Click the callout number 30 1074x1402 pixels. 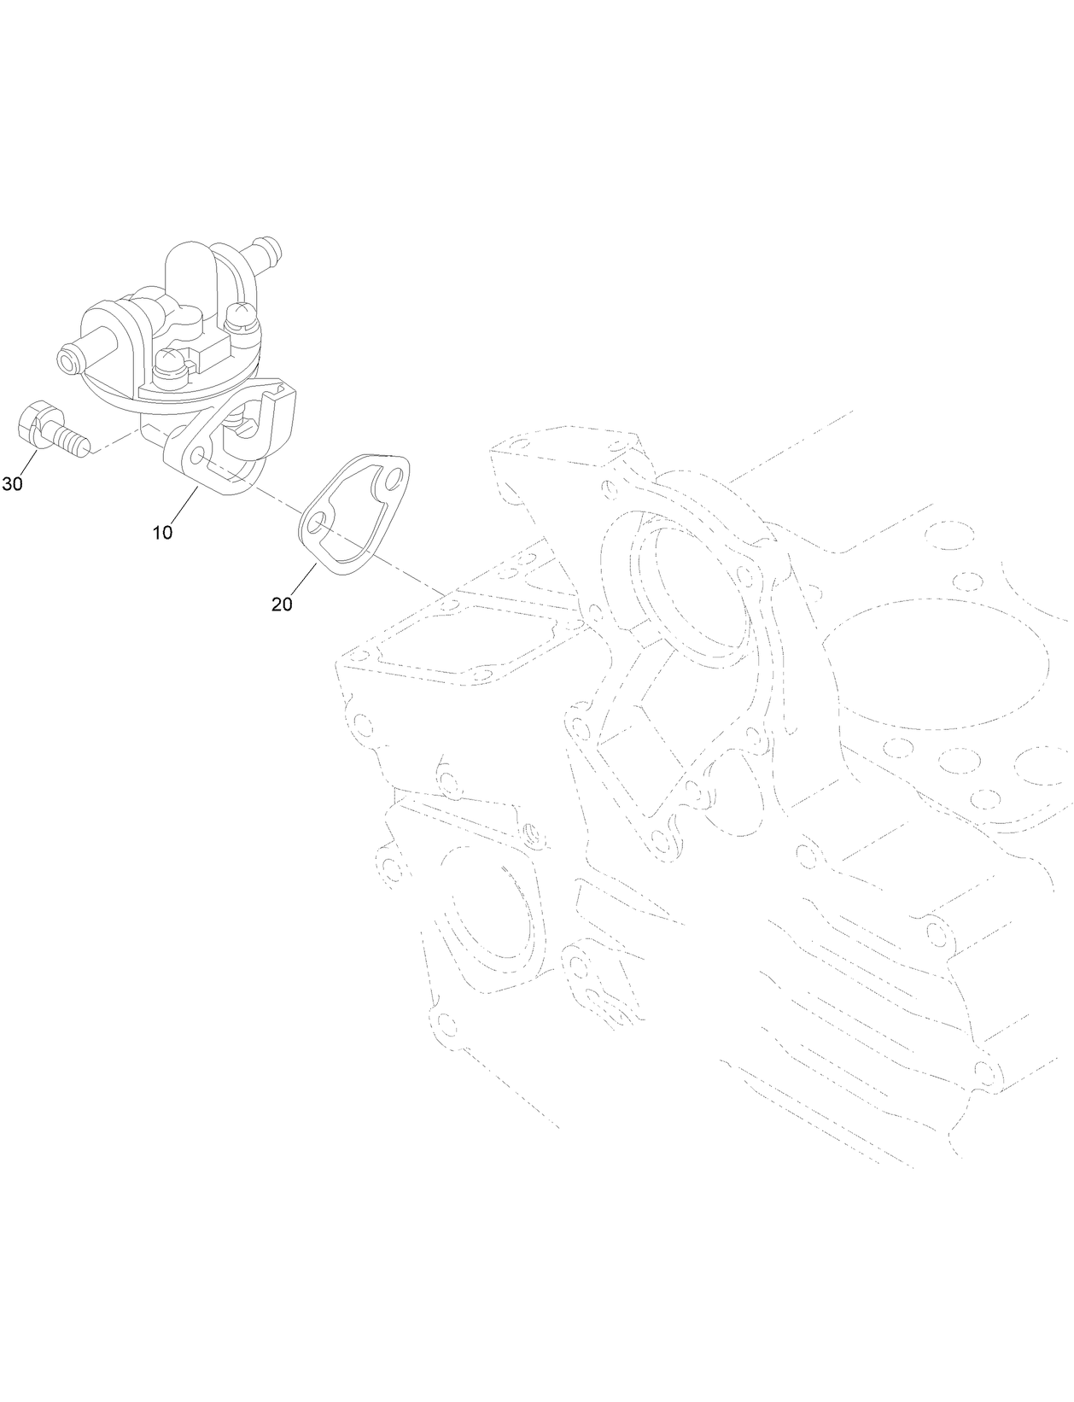(12, 484)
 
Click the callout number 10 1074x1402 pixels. (162, 533)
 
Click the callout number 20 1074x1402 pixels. (282, 604)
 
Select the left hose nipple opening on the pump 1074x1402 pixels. (66, 359)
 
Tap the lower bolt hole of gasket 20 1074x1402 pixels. (318, 525)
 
